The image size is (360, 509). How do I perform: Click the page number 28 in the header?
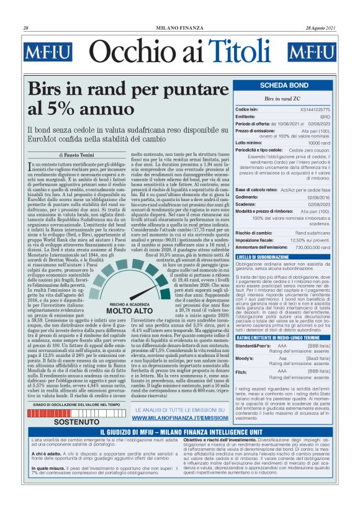(x=26, y=29)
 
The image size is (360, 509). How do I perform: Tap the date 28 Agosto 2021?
(x=323, y=29)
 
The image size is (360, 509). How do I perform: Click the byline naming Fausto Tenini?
(x=78, y=155)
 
